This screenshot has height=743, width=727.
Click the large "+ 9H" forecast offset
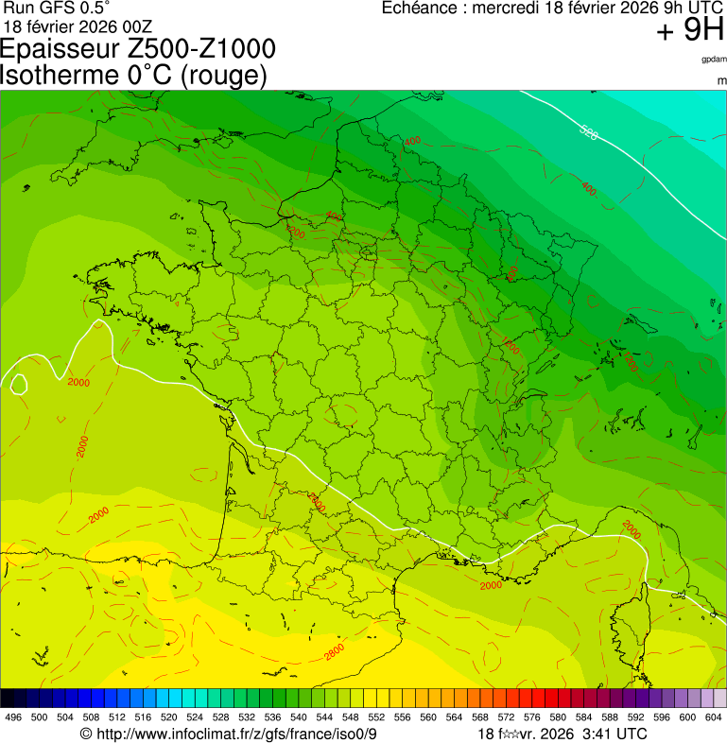(690, 31)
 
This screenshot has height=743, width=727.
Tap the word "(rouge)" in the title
(223, 75)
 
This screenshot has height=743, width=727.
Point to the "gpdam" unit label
(714, 59)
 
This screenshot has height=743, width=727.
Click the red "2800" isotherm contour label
(334, 652)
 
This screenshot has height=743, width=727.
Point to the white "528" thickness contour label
(588, 133)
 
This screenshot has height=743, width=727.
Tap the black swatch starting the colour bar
(8, 699)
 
